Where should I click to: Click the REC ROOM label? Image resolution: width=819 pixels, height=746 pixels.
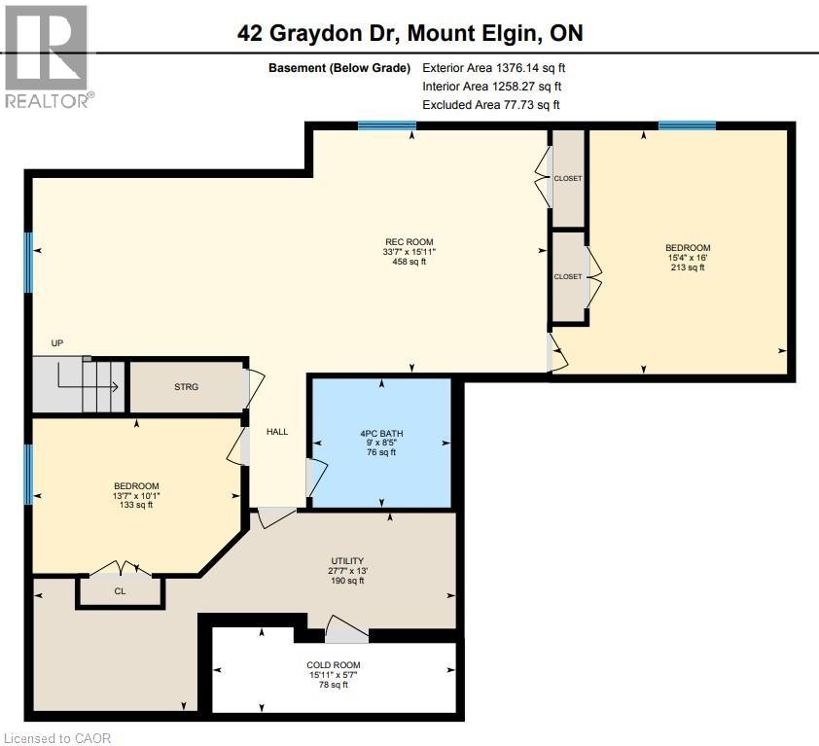(x=409, y=242)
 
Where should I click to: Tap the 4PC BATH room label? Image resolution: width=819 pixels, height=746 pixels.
(x=381, y=433)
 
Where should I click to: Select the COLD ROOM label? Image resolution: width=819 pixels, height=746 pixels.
(x=334, y=665)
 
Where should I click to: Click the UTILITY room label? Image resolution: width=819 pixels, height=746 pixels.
(x=347, y=560)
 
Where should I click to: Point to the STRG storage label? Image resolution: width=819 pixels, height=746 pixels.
(x=186, y=386)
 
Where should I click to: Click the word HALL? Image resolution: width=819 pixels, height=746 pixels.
(x=277, y=432)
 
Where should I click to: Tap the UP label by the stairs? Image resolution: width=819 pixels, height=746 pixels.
(x=57, y=343)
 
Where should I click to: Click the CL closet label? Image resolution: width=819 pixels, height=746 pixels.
(x=120, y=591)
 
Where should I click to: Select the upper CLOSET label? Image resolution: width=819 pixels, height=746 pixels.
(x=568, y=178)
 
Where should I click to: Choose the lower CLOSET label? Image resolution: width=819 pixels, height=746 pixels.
(x=568, y=276)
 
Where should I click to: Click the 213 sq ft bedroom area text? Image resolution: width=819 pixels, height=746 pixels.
(x=688, y=267)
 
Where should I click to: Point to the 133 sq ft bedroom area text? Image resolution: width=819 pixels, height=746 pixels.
(x=136, y=505)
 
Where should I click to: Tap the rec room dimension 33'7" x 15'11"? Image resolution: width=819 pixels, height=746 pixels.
(x=409, y=252)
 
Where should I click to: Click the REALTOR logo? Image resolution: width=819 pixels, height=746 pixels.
(x=47, y=56)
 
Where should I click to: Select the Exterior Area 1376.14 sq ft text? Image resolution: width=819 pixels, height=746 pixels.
(x=493, y=68)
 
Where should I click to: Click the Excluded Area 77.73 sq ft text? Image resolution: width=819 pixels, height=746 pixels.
(x=491, y=104)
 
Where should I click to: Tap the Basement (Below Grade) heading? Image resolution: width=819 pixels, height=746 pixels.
(x=339, y=68)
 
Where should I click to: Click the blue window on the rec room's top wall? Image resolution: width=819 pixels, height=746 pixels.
(x=386, y=125)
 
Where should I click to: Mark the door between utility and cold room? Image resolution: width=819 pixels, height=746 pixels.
(x=346, y=630)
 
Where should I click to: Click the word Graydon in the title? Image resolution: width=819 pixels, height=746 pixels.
(x=316, y=33)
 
